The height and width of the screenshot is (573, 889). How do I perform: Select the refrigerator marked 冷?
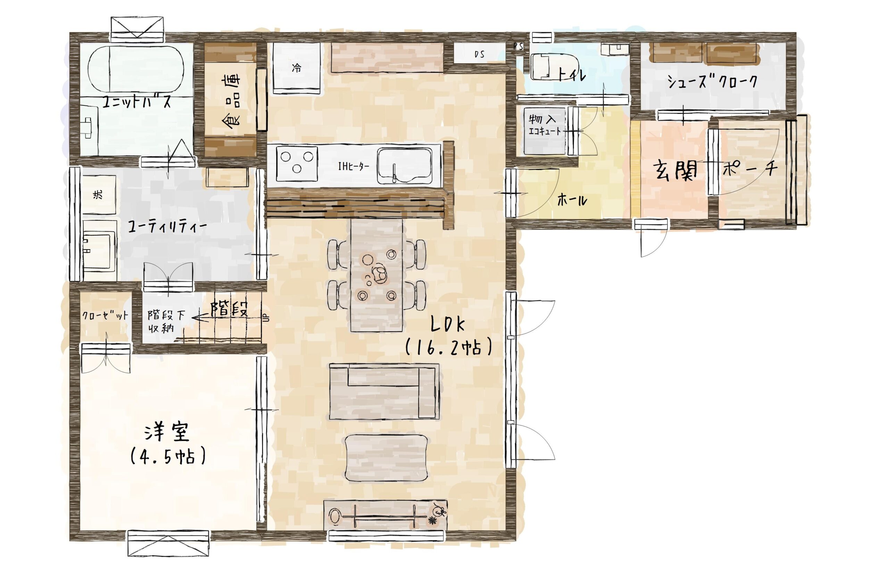click(x=297, y=68)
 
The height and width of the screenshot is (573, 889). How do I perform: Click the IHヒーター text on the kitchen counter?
click(x=353, y=166)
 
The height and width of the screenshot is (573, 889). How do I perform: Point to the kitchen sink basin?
click(x=405, y=166)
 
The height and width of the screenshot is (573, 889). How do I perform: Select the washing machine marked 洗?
click(x=99, y=195)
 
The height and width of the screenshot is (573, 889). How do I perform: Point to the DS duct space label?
click(x=480, y=55)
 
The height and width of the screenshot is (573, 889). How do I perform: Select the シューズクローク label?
click(x=712, y=82)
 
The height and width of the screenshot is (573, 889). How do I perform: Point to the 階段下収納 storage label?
click(x=166, y=322)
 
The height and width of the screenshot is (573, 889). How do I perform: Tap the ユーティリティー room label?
click(x=167, y=227)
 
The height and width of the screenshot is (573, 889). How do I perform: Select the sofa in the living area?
click(x=384, y=391)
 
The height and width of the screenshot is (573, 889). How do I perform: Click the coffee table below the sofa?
click(x=386, y=458)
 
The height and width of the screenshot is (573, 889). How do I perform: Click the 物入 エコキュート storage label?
click(x=544, y=125)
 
